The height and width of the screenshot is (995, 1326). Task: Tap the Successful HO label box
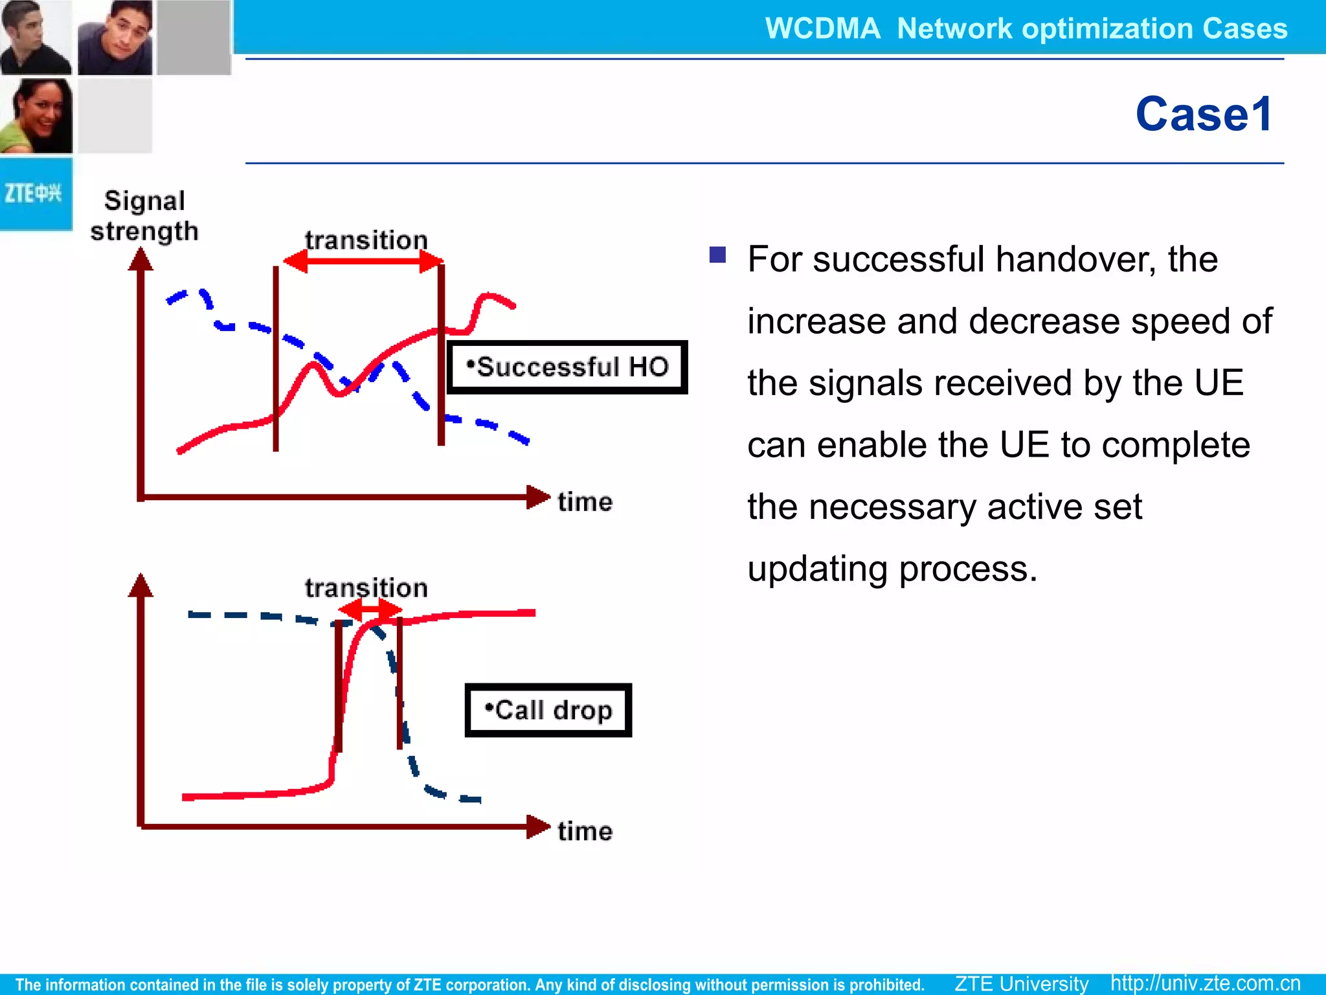567,367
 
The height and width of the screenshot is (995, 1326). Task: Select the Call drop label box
548,710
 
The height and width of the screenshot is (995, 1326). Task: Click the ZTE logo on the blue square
33,193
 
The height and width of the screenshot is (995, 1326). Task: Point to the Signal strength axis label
144,216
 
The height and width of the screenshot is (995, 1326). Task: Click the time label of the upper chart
585,502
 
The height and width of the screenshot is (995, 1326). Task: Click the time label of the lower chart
585,831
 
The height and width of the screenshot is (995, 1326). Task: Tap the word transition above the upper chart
366,240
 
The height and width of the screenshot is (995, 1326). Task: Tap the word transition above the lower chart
366,588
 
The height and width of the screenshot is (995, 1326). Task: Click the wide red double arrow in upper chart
364,262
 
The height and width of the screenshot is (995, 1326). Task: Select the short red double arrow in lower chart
370,610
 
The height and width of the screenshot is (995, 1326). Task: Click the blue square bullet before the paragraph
717,255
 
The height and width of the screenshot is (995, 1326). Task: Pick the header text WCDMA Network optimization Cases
1026,29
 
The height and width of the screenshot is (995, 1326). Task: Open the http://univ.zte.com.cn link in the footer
1205,983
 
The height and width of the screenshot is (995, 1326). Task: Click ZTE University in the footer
1021,983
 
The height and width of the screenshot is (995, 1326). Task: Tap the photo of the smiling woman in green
36,116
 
